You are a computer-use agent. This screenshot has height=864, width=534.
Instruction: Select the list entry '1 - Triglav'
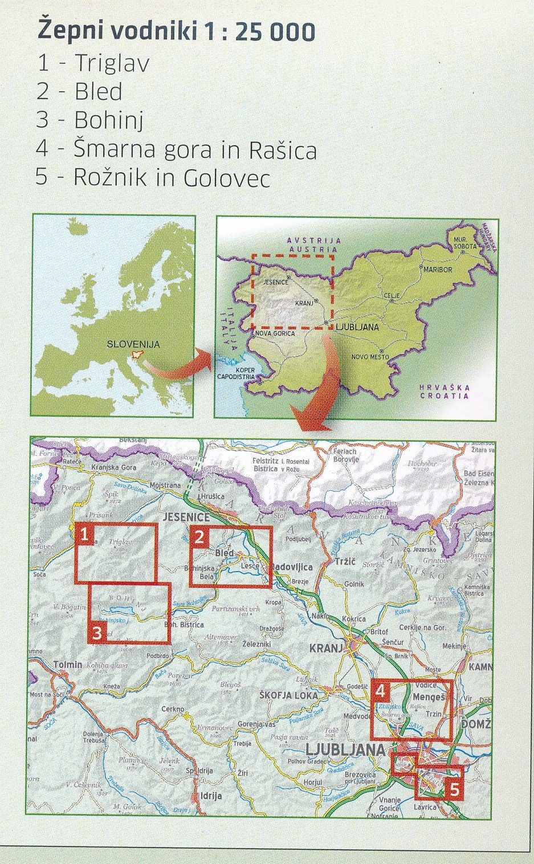[x=93, y=63]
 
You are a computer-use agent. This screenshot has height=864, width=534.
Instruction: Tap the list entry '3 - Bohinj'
[x=89, y=120]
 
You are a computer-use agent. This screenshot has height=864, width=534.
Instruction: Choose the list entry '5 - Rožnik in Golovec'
[x=152, y=178]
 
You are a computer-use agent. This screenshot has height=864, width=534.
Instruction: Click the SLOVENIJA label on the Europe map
[x=133, y=344]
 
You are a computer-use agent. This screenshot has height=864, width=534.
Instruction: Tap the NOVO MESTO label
[x=370, y=357]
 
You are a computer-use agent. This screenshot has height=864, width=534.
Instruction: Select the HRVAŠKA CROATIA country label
[x=445, y=392]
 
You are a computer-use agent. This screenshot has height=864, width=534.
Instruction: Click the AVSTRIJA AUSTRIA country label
[x=313, y=245]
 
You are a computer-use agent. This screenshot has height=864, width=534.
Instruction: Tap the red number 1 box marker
[x=84, y=535]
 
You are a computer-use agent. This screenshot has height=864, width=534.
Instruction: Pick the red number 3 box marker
[x=97, y=632]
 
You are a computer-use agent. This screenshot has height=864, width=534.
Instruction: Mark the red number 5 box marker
[x=454, y=790]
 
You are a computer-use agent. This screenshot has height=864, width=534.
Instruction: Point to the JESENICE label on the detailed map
[x=186, y=517]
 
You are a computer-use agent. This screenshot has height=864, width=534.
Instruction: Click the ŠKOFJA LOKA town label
[x=284, y=695]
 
